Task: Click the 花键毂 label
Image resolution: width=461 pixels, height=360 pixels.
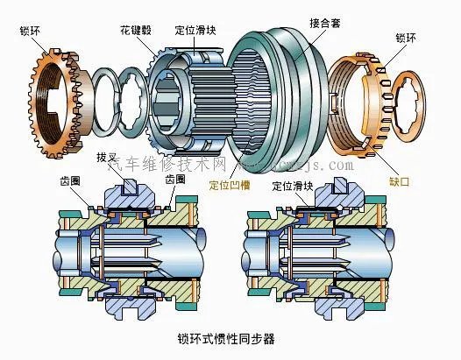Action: coord(139,30)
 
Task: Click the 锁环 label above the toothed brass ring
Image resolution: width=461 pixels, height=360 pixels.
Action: coord(29,32)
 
